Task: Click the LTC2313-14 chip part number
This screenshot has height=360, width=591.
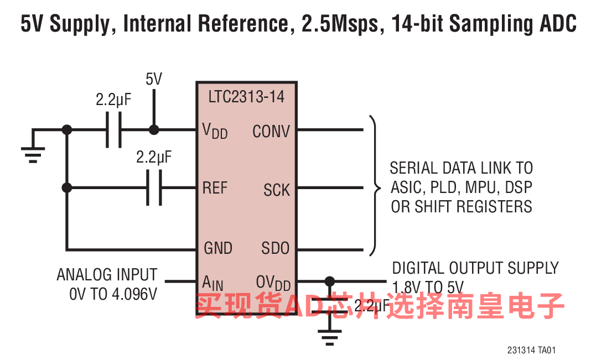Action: coord(246,97)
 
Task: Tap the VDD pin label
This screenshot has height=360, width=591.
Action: coord(215,132)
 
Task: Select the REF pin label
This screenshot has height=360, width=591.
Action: coord(215,188)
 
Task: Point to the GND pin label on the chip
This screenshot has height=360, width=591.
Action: coord(218,248)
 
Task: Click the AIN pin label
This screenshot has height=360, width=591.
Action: coord(213,283)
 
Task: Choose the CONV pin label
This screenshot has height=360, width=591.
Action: coord(271,132)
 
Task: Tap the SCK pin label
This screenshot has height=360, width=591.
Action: coord(277,190)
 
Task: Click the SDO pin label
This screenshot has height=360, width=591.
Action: coord(276,248)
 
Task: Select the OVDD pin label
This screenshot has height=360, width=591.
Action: coord(273,283)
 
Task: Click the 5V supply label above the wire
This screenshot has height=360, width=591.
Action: coord(154,80)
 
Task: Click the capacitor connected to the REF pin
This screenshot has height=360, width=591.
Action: coord(154,188)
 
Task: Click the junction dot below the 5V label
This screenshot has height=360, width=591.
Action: coord(154,130)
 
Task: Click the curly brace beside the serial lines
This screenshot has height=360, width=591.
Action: coord(376,188)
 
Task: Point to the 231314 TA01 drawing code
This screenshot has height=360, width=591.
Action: coord(531,351)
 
